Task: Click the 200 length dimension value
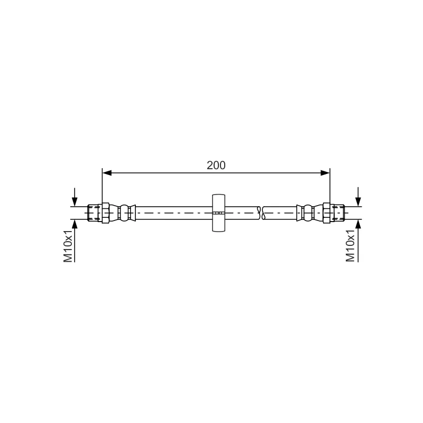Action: (x=216, y=165)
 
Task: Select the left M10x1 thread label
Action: (x=68, y=246)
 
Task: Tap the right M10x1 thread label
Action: (x=350, y=246)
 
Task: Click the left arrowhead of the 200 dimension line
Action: (x=107, y=173)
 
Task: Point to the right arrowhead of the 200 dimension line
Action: (x=325, y=173)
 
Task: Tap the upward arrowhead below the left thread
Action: (x=75, y=224)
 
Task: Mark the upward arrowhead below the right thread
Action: (x=358, y=224)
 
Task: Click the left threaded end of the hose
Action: (x=95, y=213)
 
